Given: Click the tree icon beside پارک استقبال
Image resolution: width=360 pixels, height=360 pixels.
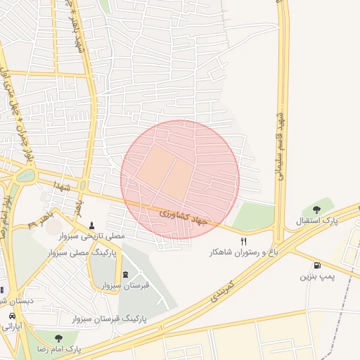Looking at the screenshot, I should [316, 209].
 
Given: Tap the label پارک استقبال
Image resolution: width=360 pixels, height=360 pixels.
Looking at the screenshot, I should [316, 221].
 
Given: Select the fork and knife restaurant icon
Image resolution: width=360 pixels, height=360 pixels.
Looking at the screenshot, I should [244, 240].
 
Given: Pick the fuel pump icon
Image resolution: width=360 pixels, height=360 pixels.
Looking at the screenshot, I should [317, 266].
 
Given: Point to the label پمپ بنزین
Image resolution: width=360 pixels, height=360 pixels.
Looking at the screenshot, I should [316, 277].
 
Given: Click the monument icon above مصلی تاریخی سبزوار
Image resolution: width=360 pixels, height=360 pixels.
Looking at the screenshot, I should [91, 224].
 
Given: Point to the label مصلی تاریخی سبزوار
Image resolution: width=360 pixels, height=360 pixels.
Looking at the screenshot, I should [91, 236].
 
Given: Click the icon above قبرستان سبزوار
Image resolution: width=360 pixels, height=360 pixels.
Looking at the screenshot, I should [125, 274].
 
